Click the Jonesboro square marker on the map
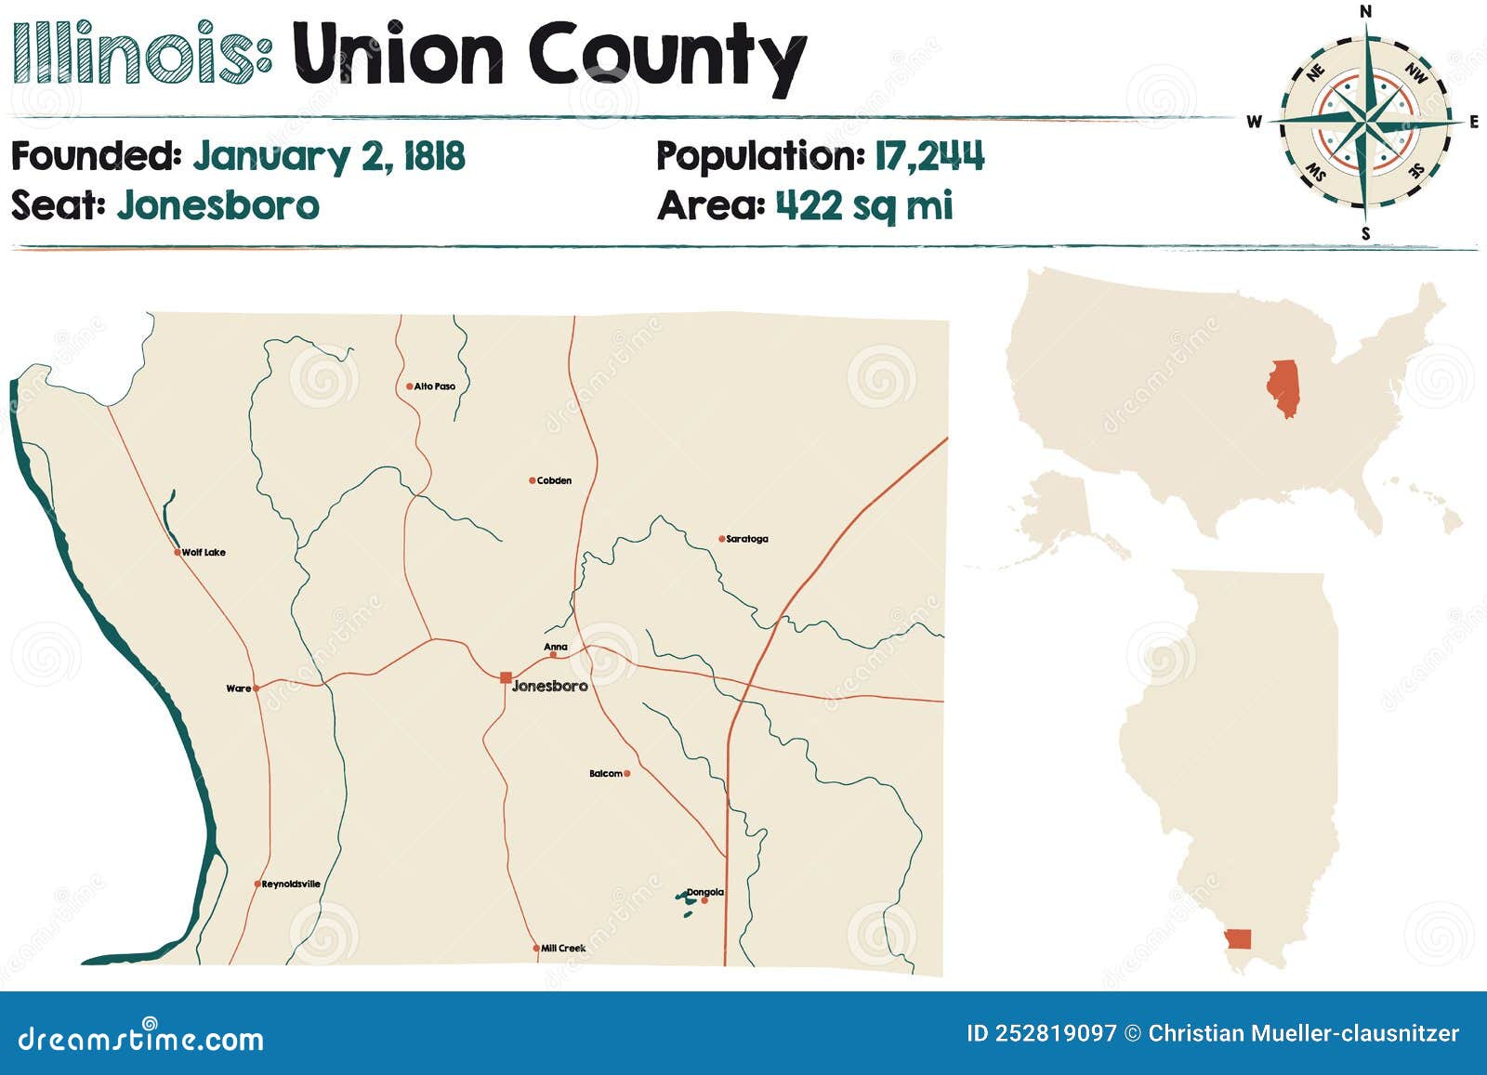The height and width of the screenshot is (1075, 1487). [506, 677]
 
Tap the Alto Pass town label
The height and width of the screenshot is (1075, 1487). [435, 387]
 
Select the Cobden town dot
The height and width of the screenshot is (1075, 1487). [532, 480]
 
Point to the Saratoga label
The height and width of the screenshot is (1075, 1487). [747, 539]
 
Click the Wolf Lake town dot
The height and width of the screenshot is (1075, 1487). [178, 552]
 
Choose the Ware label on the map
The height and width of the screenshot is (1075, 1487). [238, 688]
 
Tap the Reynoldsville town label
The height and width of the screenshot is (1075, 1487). [291, 885]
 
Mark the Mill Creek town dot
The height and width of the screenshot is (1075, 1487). [536, 949]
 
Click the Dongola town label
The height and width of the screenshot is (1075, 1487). [705, 892]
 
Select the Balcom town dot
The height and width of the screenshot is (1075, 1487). [627, 773]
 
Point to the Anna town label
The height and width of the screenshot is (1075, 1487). [556, 647]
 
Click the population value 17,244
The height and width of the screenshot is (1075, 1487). [928, 156]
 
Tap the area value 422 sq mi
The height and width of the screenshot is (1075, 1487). [864, 205]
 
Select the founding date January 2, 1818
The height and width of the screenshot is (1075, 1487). [329, 156]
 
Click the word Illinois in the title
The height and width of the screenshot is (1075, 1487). [139, 54]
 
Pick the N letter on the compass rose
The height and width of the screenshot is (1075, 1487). [1365, 11]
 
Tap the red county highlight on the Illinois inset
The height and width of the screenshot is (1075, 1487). [1238, 938]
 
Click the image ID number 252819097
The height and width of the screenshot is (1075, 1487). [1056, 1033]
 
